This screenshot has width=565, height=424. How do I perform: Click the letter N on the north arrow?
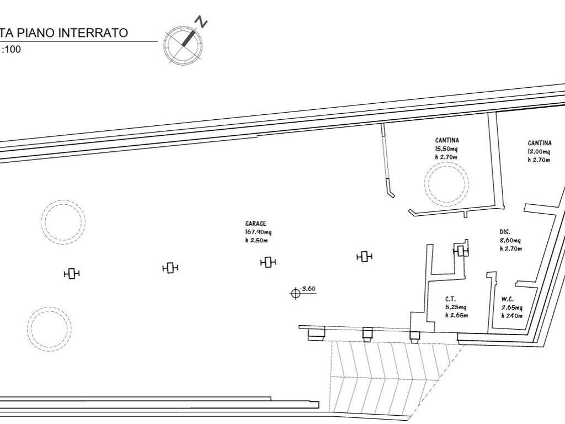tap(201, 22)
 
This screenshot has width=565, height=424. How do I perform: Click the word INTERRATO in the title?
tap(93, 33)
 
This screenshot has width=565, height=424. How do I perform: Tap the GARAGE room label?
tap(256, 224)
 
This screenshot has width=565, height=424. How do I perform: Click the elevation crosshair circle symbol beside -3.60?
tap(296, 294)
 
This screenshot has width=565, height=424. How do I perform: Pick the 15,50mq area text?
tap(446, 149)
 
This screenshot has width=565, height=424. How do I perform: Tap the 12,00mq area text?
tap(540, 152)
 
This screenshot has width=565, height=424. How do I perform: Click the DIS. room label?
tap(505, 232)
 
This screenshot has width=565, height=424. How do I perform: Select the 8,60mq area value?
tap(510, 241)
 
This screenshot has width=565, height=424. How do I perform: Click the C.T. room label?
tap(450, 299)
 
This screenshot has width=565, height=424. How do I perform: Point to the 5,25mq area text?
tap(456, 307)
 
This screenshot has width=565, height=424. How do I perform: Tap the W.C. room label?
tap(508, 299)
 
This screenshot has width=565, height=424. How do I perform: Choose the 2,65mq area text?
tap(512, 308)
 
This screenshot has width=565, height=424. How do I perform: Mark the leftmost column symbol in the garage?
tap(72, 274)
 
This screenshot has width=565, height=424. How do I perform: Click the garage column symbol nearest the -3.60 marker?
tap(268, 262)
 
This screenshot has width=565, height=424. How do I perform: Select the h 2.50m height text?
tap(256, 241)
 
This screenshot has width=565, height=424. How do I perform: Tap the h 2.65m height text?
tap(456, 315)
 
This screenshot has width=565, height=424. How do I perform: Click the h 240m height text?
tap(511, 316)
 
